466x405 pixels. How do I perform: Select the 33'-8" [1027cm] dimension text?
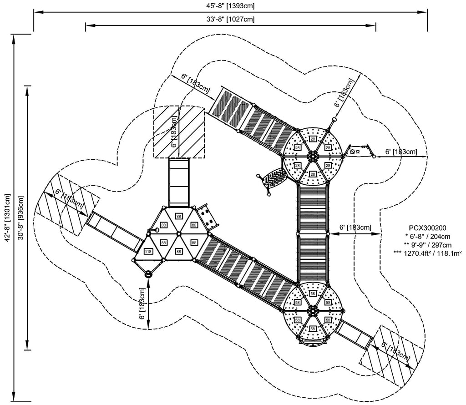click(x=230, y=19)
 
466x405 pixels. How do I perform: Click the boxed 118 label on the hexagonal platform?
click(x=148, y=251)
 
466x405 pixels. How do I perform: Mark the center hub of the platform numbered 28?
click(x=313, y=156)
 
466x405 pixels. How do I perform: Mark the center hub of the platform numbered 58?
click(x=313, y=311)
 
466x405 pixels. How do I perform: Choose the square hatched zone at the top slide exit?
click(x=179, y=132)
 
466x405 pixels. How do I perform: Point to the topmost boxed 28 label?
click(x=313, y=139)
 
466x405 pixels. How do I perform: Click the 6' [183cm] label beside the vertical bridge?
click(x=355, y=227)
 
